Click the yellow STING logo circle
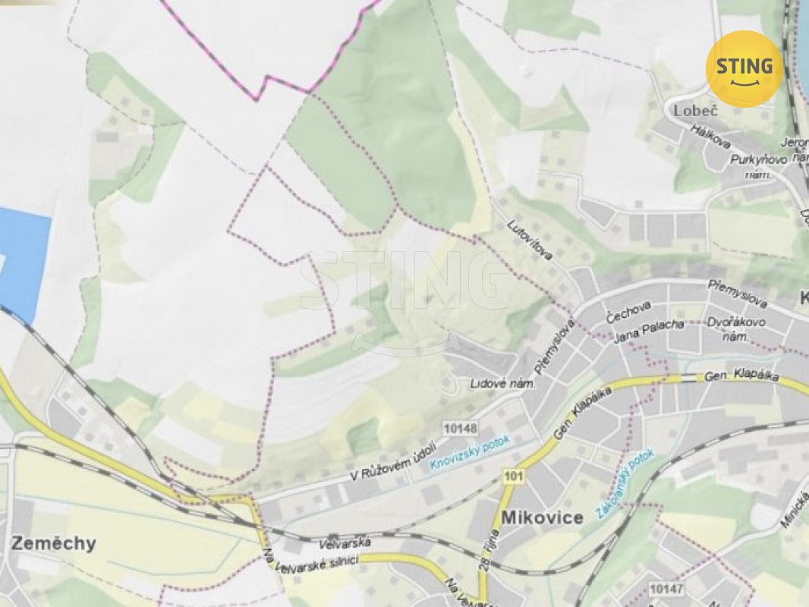pyautogui.click(x=744, y=68)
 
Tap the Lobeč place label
pyautogui.click(x=695, y=111)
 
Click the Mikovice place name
pyautogui.click(x=542, y=517)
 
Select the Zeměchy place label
pyautogui.click(x=53, y=543)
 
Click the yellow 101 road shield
pyautogui.click(x=513, y=476)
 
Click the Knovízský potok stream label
pyautogui.click(x=471, y=453)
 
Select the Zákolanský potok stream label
pyautogui.click(x=625, y=484)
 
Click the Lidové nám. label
pyautogui.click(x=502, y=384)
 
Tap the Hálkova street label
pyautogui.click(x=710, y=140)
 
